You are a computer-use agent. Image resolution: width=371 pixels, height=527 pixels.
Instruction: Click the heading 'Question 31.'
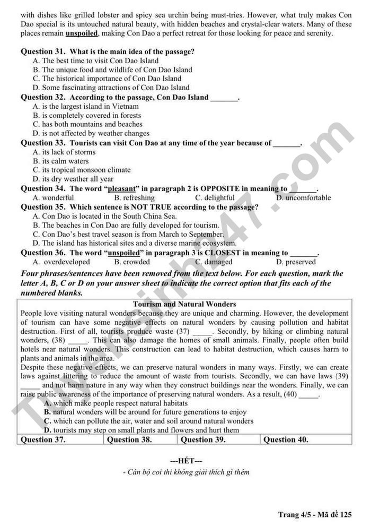pos(43,51)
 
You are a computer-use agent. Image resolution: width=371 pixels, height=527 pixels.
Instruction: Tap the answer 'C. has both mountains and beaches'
pos(87,124)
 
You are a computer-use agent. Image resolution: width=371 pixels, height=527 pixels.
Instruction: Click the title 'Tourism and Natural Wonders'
pos(184,304)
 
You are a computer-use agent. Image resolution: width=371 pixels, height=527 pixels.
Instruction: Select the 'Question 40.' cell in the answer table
pos(286,439)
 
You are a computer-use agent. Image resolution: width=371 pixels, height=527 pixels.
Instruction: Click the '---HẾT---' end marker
pos(185,461)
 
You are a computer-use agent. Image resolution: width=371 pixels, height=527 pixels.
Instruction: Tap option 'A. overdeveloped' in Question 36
pos(61,262)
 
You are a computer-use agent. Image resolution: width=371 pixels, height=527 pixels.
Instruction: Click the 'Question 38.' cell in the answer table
pos(130,439)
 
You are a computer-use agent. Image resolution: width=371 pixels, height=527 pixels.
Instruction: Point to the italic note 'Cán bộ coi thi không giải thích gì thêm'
pos(185,472)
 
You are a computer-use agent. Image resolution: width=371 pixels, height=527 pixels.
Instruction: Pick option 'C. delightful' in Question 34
pos(215,198)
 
